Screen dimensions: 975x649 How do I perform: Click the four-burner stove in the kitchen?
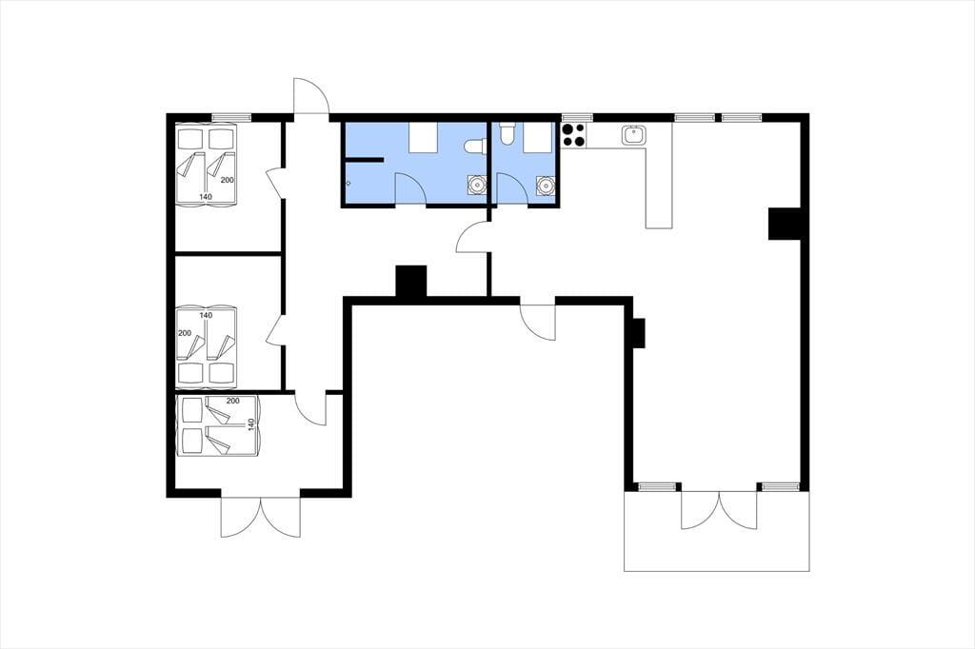pyautogui.click(x=573, y=135)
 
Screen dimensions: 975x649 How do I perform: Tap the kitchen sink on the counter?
pyautogui.click(x=633, y=135)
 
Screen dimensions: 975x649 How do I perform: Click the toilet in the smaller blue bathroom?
pyautogui.click(x=507, y=133)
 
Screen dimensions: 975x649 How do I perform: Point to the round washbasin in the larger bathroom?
pyautogui.click(x=477, y=185)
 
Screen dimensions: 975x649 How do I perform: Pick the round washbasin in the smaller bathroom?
pyautogui.click(x=546, y=186)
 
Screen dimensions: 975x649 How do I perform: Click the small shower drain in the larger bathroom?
pyautogui.click(x=348, y=184)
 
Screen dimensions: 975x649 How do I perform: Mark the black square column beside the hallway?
pyautogui.click(x=411, y=282)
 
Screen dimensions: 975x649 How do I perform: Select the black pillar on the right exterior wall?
pyautogui.click(x=785, y=224)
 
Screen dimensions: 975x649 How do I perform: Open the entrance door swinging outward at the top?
pyautogui.click(x=311, y=97)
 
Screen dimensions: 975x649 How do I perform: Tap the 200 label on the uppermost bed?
pyautogui.click(x=228, y=180)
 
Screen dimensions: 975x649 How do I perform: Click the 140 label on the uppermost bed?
pyautogui.click(x=206, y=196)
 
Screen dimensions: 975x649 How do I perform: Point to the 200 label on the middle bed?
pyautogui.click(x=185, y=333)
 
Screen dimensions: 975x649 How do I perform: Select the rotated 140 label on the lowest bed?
pyautogui.click(x=251, y=425)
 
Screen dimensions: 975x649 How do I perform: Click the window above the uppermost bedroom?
pyautogui.click(x=230, y=117)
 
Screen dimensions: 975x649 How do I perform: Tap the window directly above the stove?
pyautogui.click(x=578, y=117)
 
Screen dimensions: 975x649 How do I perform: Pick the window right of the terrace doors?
pyautogui.click(x=781, y=486)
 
